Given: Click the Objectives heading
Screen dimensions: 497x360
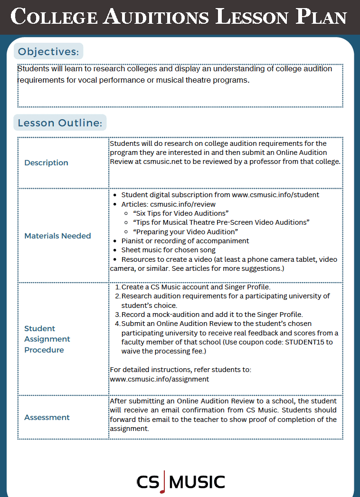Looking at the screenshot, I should pyautogui.click(x=48, y=51).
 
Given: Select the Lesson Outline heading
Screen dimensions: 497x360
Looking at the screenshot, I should pyautogui.click(x=60, y=123).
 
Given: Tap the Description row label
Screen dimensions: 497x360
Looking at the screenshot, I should pyautogui.click(x=46, y=162).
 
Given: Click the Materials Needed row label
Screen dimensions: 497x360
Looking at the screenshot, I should pyautogui.click(x=57, y=236).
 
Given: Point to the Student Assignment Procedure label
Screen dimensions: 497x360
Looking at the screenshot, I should pyautogui.click(x=47, y=339).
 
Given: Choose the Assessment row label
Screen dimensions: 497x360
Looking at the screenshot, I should pyautogui.click(x=47, y=417).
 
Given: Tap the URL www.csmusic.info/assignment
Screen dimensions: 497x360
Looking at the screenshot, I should pyautogui.click(x=159, y=379).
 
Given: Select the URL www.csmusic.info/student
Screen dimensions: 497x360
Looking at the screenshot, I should pyautogui.click(x=275, y=195).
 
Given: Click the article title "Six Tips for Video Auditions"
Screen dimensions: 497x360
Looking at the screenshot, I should pyautogui.click(x=181, y=213).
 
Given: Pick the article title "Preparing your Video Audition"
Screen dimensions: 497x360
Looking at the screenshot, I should pyautogui.click(x=185, y=231).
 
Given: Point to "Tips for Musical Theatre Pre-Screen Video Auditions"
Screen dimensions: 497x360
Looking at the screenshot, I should pyautogui.click(x=221, y=222).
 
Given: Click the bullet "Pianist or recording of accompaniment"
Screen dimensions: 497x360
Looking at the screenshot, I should pyautogui.click(x=185, y=241).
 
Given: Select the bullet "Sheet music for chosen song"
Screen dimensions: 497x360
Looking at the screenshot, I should pyautogui.click(x=168, y=250).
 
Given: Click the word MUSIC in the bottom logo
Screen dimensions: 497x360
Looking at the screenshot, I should pyautogui.click(x=197, y=482).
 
